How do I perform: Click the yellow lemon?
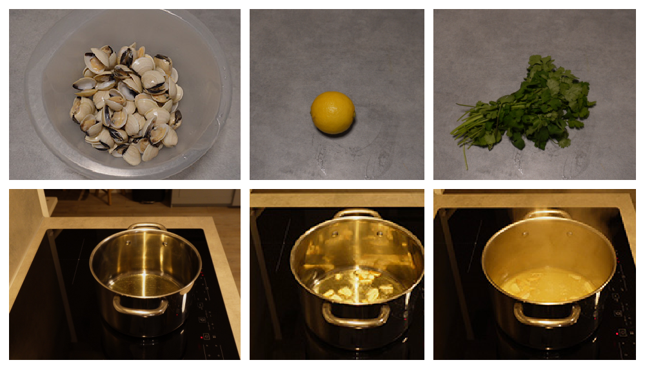[x=333, y=112]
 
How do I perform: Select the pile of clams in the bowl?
[x=126, y=103]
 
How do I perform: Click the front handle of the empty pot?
[x=141, y=308]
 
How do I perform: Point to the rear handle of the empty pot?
[x=147, y=226]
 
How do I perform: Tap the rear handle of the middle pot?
[x=357, y=213]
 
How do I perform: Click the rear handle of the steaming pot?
[x=547, y=214]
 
